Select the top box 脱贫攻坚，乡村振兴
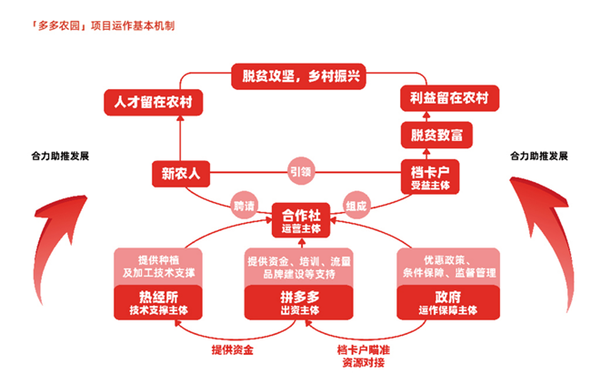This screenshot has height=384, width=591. pyautogui.click(x=296, y=76)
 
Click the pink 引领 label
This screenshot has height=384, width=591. pyautogui.click(x=299, y=169)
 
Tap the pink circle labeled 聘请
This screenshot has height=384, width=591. pyautogui.click(x=244, y=207)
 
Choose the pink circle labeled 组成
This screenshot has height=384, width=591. pyautogui.click(x=356, y=207)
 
